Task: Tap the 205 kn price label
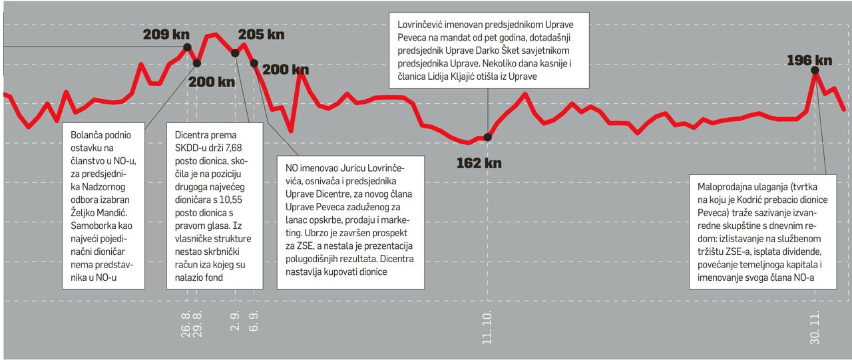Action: pyautogui.click(x=261, y=35)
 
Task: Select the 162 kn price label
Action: pyautogui.click(x=479, y=162)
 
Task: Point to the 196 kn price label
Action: pyautogui.click(x=809, y=61)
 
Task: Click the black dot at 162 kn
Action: pyautogui.click(x=487, y=137)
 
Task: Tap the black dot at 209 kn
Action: pyautogui.click(x=187, y=47)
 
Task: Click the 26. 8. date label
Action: pyautogui.click(x=186, y=323)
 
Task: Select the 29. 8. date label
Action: pyautogui.click(x=198, y=323)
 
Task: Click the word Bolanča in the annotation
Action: pyautogui.click(x=87, y=135)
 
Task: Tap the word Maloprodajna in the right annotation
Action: pyautogui.click(x=720, y=182)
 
